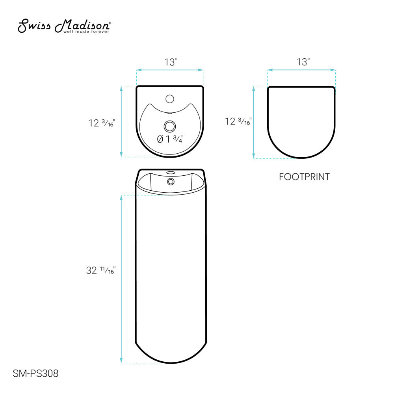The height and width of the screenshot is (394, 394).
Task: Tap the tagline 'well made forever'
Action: (x=86, y=32)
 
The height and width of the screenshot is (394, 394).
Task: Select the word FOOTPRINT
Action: (x=304, y=177)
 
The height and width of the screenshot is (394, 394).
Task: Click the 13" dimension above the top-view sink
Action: (x=171, y=62)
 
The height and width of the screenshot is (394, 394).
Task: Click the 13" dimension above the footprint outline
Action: (x=303, y=62)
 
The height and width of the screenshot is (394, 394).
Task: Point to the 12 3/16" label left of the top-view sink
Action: (x=102, y=123)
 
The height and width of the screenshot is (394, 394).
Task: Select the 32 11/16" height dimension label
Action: (x=100, y=271)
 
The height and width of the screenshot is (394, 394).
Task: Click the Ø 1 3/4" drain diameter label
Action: (x=171, y=139)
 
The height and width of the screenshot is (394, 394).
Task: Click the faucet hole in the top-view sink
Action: (x=170, y=98)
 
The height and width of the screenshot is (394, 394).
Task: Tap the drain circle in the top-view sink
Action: (x=170, y=126)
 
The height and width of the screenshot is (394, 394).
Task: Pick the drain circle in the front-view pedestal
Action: (x=171, y=181)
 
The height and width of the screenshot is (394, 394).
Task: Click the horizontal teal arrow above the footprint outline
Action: (x=301, y=70)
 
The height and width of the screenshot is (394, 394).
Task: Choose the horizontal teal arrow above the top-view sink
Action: (x=170, y=70)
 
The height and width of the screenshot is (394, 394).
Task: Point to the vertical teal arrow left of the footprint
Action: (x=254, y=123)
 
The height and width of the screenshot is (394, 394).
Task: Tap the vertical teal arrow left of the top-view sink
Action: (x=121, y=121)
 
